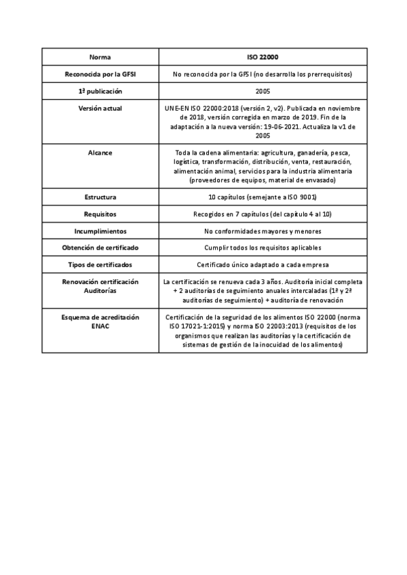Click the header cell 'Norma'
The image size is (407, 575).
(100, 57)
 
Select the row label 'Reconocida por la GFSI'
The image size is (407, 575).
(100, 74)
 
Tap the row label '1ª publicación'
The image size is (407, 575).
(100, 91)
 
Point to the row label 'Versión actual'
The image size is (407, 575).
(100, 108)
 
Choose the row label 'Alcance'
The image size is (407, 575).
(100, 153)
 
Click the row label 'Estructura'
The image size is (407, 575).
(100, 197)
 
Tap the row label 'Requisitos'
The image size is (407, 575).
(100, 214)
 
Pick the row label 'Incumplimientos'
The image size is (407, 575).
(100, 231)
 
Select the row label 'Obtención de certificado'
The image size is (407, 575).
(100, 247)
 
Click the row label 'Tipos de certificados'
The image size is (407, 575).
(100, 264)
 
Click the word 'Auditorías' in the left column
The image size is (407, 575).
(100, 290)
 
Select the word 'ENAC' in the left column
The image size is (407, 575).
(100, 325)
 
